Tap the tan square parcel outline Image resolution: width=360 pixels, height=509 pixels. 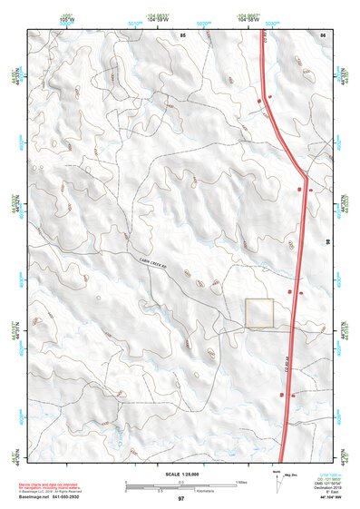point(259,313)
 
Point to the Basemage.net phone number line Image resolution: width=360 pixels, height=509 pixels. point(56,498)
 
